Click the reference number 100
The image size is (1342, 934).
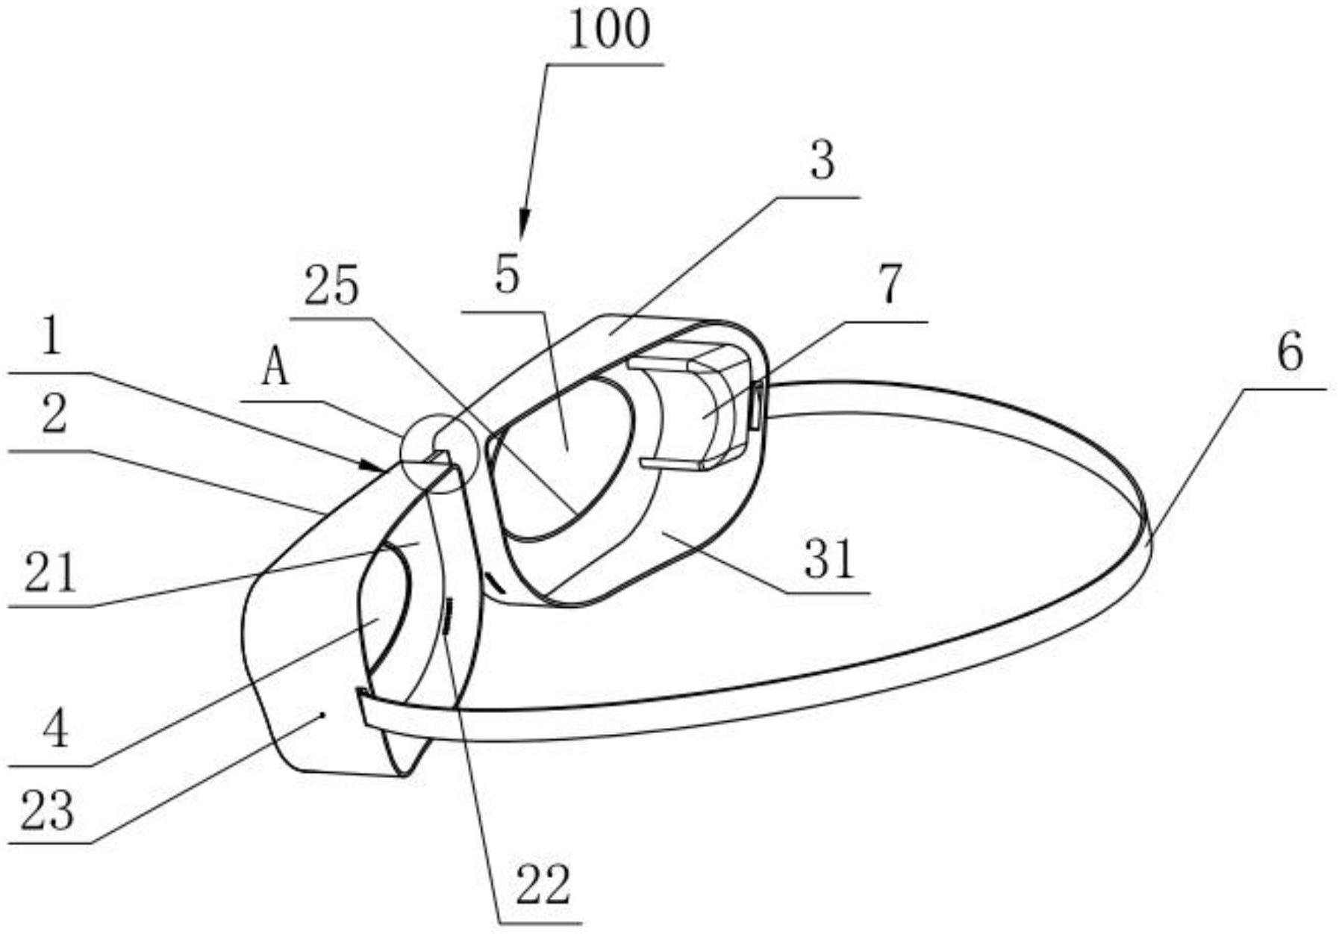tap(609, 31)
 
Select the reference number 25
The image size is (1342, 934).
tap(331, 287)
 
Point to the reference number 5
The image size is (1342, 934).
tap(507, 274)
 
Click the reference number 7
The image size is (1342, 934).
tap(890, 284)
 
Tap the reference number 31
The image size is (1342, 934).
tap(828, 559)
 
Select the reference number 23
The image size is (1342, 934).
tap(47, 810)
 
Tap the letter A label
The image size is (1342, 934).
tap(275, 369)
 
